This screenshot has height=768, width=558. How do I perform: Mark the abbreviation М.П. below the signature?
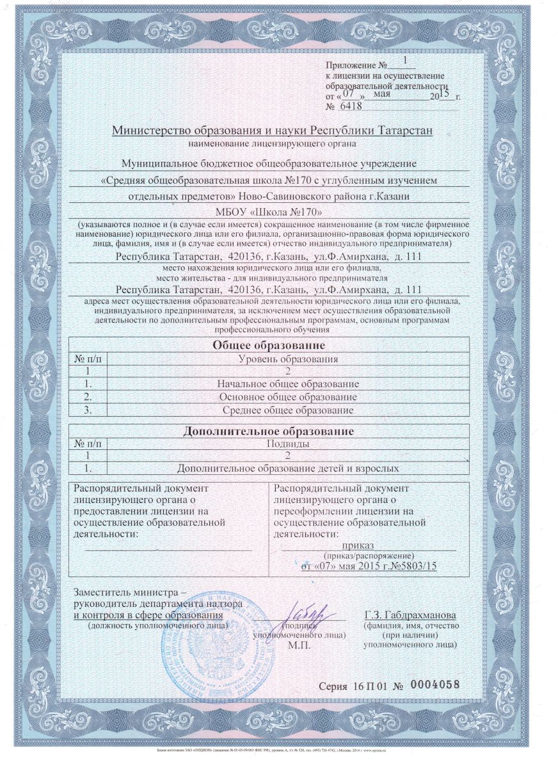[x=299, y=645]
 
